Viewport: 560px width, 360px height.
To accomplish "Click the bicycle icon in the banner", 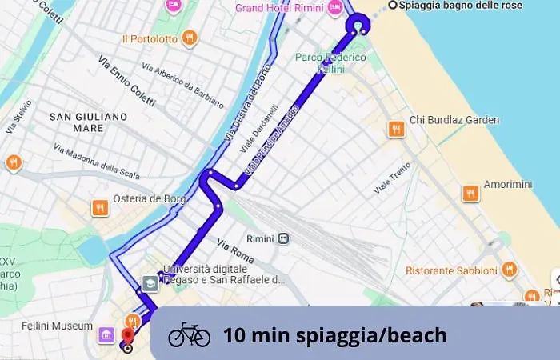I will (x=189, y=334).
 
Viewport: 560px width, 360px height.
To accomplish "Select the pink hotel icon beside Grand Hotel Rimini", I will (x=334, y=8).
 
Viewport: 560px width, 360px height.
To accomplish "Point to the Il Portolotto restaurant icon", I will (x=189, y=38).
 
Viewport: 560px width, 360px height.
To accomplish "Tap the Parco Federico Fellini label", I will (x=330, y=63).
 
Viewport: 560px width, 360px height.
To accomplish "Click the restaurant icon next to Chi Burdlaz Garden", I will (x=395, y=128).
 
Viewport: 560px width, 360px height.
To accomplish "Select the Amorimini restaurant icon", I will (x=471, y=193).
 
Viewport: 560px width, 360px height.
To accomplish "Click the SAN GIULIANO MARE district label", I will (x=89, y=122).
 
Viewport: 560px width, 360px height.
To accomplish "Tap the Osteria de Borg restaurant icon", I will (x=100, y=208).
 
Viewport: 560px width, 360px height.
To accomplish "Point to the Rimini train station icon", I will (x=283, y=238).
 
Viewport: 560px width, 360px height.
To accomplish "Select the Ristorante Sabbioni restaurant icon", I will (x=510, y=270).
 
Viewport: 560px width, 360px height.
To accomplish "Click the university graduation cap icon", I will (x=150, y=283).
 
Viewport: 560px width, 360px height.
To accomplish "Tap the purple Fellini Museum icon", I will (x=106, y=334).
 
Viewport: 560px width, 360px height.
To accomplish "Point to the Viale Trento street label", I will (x=393, y=178).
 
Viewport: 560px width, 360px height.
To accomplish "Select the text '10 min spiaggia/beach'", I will (x=334, y=335).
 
